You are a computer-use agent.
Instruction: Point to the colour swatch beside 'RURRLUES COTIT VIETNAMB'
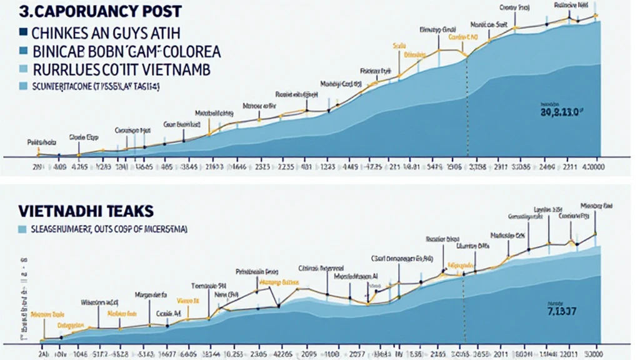[24, 69]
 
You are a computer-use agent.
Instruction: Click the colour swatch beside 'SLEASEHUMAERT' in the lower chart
[24, 229]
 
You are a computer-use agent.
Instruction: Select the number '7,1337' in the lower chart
[561, 311]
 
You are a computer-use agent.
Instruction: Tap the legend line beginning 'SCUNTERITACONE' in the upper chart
[94, 86]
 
